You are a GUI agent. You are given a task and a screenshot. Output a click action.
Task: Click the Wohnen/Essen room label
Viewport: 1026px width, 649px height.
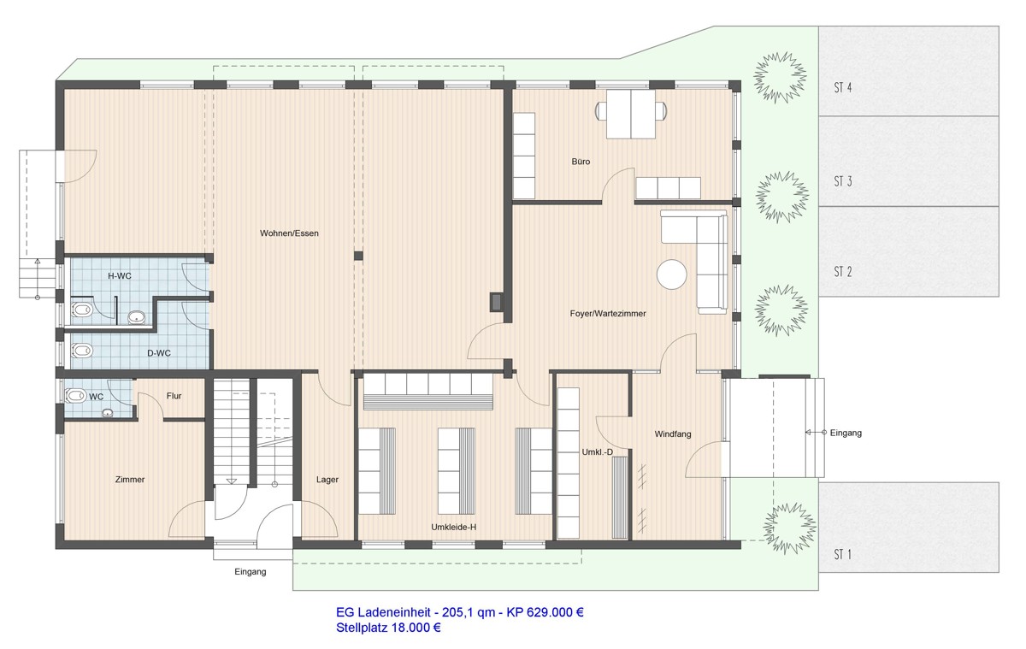pos(291,233)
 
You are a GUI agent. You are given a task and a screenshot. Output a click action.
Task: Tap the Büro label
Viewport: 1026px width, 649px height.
pos(581,161)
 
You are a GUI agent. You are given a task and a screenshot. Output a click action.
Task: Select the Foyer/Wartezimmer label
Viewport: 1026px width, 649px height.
pos(608,314)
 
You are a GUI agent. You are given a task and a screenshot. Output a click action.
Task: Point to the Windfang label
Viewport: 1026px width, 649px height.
pos(673,434)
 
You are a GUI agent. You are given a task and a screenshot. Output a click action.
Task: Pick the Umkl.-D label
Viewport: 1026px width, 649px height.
pos(597,451)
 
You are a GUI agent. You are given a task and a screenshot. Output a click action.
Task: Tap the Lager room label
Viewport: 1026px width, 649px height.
pos(327,480)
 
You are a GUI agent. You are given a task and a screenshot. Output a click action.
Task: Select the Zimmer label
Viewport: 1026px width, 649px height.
pos(129,480)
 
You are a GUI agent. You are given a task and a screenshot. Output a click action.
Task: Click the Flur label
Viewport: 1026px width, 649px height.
pos(174,396)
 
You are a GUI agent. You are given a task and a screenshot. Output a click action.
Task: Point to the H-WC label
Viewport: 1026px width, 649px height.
pos(120,276)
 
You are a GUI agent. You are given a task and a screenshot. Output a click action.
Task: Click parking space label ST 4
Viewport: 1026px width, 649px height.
pos(843,87)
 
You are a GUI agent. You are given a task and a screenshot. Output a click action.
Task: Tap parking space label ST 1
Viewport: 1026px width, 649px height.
pos(843,555)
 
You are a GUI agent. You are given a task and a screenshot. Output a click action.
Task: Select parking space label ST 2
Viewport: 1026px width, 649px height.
pos(843,272)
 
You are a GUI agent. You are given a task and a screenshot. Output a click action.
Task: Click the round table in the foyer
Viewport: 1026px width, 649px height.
pos(672,274)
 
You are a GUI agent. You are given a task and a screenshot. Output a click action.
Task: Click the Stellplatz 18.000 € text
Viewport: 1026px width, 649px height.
pos(389,628)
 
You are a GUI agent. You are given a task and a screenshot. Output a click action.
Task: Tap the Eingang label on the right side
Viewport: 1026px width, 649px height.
pos(845,434)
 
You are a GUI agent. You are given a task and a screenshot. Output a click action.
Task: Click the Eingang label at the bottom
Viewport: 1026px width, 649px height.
pos(251,572)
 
